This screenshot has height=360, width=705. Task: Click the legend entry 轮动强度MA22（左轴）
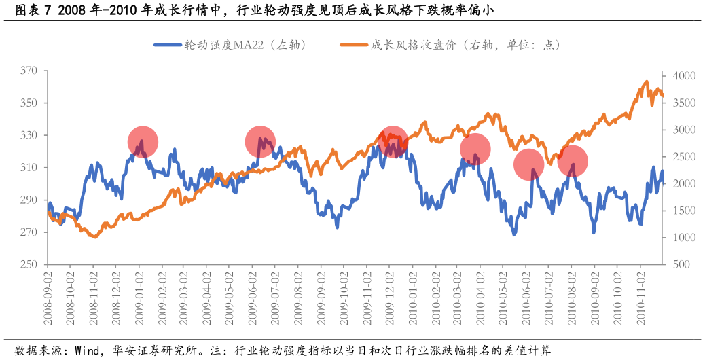(x=231, y=45)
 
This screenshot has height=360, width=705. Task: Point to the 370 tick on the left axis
(x=29, y=71)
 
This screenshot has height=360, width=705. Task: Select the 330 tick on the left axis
(x=29, y=135)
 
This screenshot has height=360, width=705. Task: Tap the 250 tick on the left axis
(x=29, y=264)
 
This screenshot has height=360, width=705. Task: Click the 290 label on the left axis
(x=29, y=200)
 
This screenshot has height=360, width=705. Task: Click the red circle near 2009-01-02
(x=143, y=142)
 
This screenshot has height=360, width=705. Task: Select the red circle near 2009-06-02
(x=260, y=141)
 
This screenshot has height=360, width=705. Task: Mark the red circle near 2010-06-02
(x=528, y=164)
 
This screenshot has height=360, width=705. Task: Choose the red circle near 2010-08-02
(x=573, y=161)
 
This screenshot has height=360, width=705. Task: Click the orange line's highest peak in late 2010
(x=647, y=82)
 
